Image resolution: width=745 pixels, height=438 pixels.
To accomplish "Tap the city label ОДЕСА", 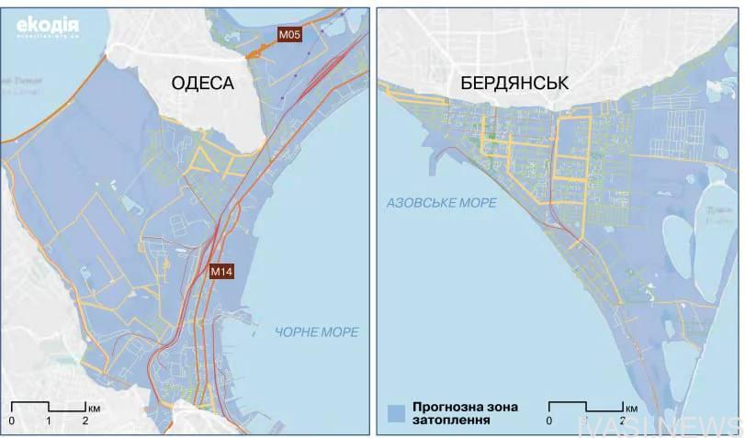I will tap(202, 84).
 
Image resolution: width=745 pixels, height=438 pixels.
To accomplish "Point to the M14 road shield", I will tap(221, 271).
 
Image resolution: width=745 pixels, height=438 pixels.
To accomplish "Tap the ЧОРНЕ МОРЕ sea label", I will tap(317, 331).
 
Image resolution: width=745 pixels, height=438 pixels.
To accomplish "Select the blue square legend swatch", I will tap(396, 411).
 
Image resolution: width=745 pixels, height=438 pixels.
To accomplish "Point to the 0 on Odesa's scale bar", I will tap(11, 421).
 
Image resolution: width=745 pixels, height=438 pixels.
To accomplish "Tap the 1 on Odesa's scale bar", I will tap(48, 421).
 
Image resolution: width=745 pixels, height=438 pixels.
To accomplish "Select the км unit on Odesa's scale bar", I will tap(96, 406).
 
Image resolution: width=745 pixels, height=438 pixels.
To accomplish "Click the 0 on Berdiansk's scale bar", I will tap(548, 421).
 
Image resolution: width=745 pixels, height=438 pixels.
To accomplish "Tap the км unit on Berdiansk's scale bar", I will tap(632, 406).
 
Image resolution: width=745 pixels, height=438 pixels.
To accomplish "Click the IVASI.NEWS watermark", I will tap(660, 425).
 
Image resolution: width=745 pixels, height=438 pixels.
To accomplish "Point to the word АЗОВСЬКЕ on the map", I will tap(422, 203).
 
